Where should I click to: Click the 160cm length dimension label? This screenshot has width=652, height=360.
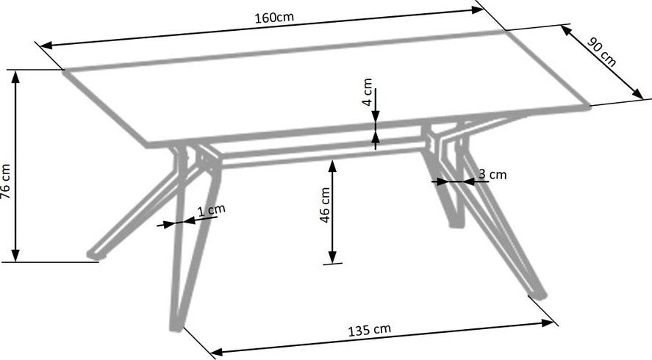pyautogui.click(x=274, y=18)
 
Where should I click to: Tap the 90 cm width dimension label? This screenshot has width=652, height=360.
pyautogui.click(x=601, y=52)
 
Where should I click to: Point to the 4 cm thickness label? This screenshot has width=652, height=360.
pyautogui.click(x=368, y=92)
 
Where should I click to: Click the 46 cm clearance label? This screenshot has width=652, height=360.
pyautogui.click(x=325, y=204)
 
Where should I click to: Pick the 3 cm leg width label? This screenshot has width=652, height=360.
pyautogui.click(x=492, y=174)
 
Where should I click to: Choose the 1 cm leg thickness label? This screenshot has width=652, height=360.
pyautogui.click(x=211, y=210)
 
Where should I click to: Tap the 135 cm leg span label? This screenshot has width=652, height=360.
pyautogui.click(x=370, y=330)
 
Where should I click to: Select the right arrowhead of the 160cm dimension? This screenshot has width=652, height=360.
pyautogui.click(x=476, y=10)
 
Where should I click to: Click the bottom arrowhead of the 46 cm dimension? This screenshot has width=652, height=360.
pyautogui.click(x=332, y=256)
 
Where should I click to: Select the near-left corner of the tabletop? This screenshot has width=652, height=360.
pyautogui.click(x=148, y=145)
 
